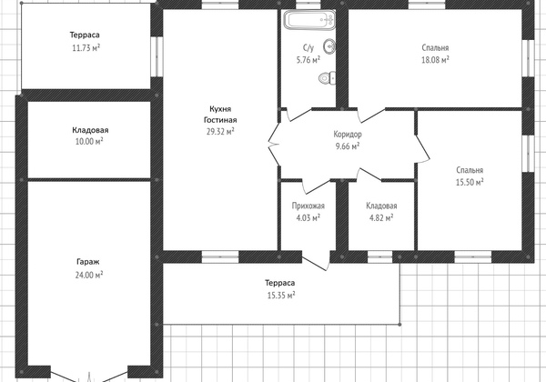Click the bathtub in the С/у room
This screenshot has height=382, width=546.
pos(309,19)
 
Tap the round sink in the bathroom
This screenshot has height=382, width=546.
pos(329,45)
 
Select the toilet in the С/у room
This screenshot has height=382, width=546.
pos(328,77)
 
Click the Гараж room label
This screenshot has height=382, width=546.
pos(88,262)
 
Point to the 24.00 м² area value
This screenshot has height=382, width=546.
pos(89,275)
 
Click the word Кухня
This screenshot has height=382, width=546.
pos(220,109)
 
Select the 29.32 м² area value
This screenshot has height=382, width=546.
pos(220,131)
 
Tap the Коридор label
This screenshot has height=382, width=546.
pos(348,134)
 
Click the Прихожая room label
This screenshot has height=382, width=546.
pos(308,206)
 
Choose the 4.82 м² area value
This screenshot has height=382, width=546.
pos(381,218)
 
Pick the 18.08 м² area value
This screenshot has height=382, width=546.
pos(435,60)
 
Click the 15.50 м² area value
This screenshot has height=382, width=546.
pos(470,182)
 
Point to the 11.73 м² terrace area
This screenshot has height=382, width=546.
pos(86,47)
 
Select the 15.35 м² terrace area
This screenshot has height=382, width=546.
pos(281,296)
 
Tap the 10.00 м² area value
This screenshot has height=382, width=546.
pos(89,141)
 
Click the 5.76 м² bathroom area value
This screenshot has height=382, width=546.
pos(308,60)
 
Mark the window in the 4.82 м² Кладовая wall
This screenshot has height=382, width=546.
pos(379,256)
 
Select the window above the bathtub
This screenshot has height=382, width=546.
pos(308,5)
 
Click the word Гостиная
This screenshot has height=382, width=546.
pos(220,120)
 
